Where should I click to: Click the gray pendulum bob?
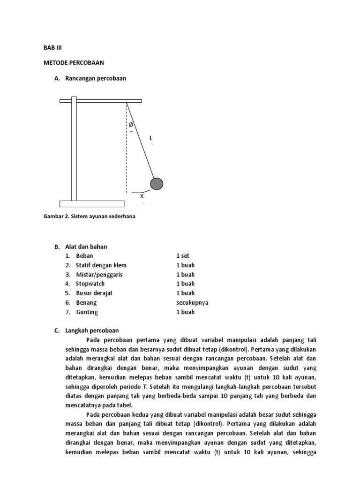157,184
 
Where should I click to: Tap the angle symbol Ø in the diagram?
131,125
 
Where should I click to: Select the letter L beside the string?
151,138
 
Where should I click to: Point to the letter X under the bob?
142,196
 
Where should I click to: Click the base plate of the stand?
92,204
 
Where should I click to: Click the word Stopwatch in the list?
90,284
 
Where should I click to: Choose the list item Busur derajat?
94,293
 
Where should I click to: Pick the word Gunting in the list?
87,312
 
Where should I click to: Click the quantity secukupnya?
192,302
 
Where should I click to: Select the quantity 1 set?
183,256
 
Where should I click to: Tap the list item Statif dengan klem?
101,265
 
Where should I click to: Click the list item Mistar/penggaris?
99,275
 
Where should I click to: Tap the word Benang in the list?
86,302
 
